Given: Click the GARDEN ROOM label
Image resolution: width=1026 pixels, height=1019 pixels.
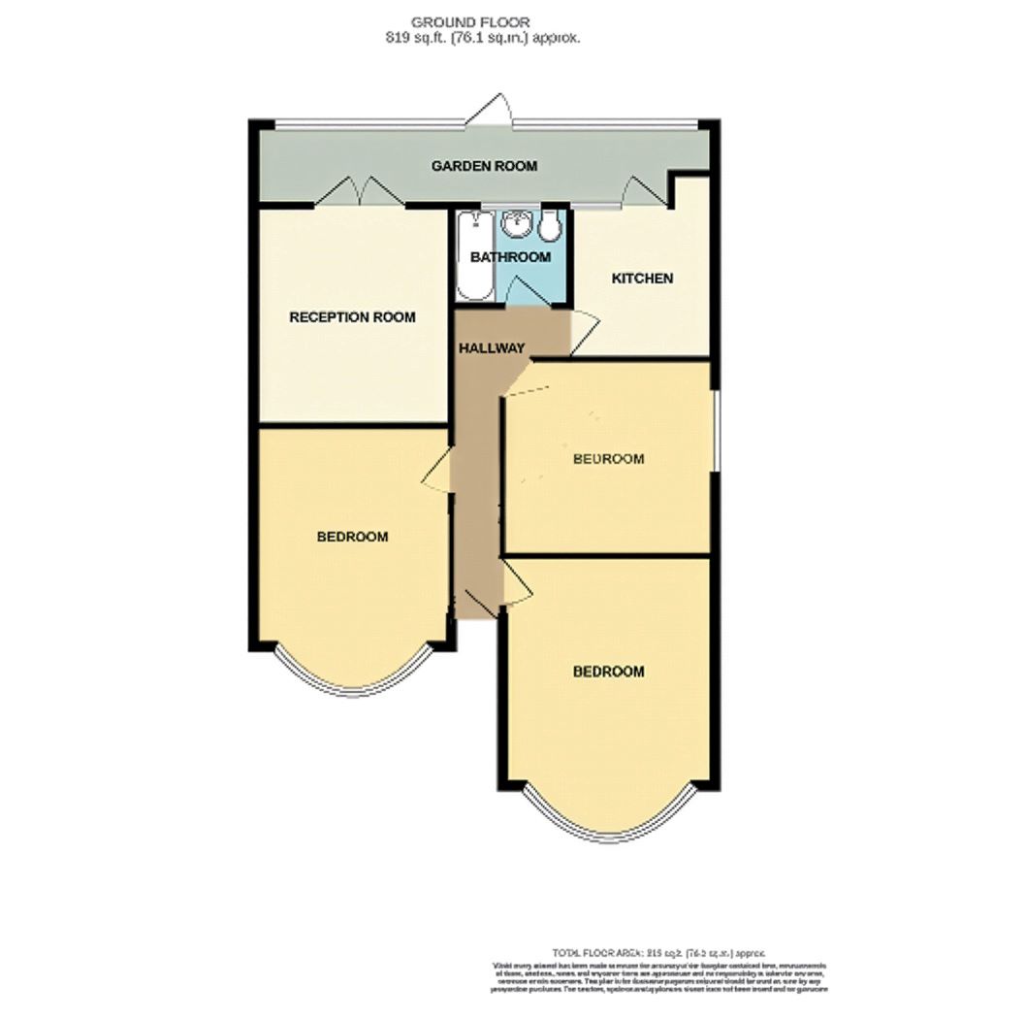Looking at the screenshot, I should pos(484,166).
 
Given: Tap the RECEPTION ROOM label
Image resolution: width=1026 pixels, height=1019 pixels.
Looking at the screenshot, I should pos(353,317).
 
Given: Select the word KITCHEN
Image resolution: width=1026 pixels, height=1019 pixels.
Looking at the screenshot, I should pos(641,279).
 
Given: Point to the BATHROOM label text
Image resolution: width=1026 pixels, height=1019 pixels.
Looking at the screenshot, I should pos(510,257).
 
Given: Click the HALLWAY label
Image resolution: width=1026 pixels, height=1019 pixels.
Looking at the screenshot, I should pos(492,348).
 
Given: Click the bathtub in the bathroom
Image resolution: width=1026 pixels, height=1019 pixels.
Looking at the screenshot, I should pos(474,254).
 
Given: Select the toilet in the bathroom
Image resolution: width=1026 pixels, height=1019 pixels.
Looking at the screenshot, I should pos(550,227).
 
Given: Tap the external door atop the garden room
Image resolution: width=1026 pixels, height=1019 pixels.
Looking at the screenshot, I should pos(489,110).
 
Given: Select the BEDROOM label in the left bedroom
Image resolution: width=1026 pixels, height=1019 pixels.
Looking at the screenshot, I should pos(352,537).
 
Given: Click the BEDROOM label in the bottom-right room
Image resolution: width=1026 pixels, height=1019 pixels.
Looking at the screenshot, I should pos(608,672).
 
